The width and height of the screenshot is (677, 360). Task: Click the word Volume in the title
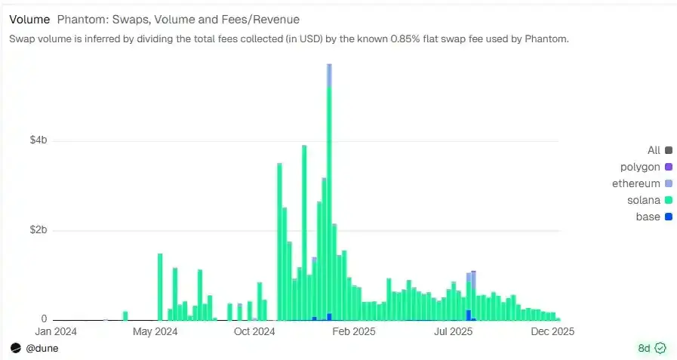[29, 19]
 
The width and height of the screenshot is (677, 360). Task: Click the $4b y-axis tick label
[38, 140]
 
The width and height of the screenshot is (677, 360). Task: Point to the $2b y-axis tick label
[38, 230]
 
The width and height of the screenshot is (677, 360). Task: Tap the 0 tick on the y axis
[44, 319]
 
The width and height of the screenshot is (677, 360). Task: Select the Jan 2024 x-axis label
[54, 331]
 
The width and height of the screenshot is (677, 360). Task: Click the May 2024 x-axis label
[155, 331]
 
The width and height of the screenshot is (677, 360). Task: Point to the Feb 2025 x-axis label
[354, 331]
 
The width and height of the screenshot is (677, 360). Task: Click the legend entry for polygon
[640, 167]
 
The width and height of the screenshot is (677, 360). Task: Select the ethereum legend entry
[636, 183]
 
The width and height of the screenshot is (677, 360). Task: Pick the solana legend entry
[644, 200]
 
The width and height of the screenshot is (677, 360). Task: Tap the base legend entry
[647, 217]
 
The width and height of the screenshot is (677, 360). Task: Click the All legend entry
[654, 150]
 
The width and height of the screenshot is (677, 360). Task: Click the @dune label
[42, 348]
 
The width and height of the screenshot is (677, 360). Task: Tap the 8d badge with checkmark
[651, 348]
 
